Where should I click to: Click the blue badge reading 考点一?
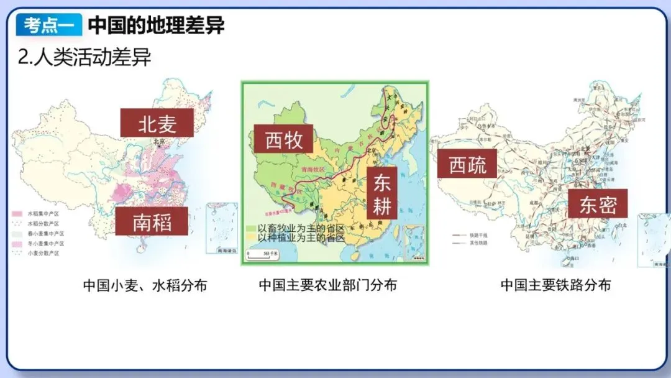[x=50, y=25]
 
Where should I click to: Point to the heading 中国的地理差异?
[x=156, y=25]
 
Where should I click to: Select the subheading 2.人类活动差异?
[x=84, y=57]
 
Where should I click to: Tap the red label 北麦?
[x=157, y=122]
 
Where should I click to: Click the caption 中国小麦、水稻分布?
[x=145, y=285]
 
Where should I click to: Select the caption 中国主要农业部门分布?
[x=327, y=285]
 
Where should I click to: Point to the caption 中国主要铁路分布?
[x=555, y=285]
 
